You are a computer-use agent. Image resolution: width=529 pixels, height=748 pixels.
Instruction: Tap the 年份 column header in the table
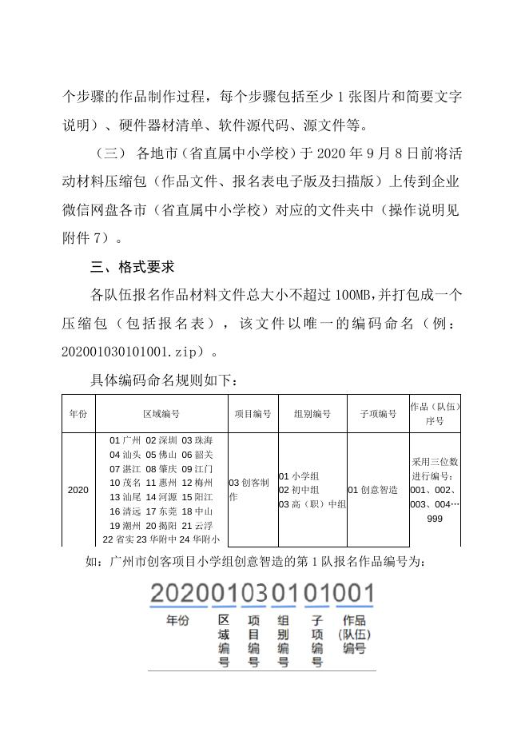coord(78,414)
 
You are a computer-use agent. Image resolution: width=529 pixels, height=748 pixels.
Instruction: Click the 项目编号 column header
coord(253,414)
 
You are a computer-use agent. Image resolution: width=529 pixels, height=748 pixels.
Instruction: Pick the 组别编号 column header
coord(312,414)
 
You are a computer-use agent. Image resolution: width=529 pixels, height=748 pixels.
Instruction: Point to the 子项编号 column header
coord(377,414)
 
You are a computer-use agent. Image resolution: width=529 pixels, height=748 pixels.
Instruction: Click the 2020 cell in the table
coord(78,490)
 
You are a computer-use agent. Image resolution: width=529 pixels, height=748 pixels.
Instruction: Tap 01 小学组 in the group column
coord(299,476)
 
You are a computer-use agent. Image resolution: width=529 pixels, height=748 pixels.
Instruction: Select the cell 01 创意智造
coord(372,490)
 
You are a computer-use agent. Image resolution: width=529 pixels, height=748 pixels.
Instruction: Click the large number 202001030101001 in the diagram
coord(262,594)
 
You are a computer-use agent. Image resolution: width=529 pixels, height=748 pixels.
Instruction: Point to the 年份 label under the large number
coord(177,620)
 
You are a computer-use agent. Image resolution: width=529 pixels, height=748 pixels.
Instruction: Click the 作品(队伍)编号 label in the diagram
coord(353,634)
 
